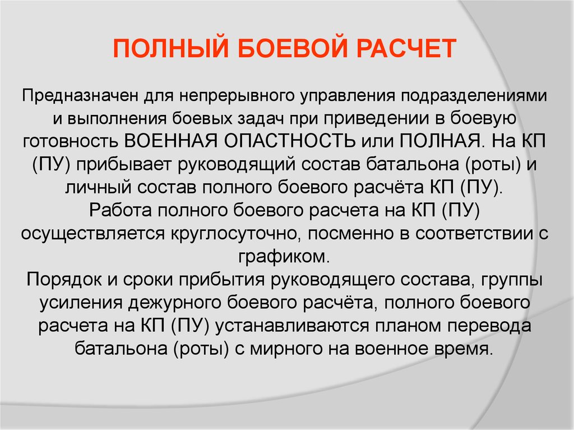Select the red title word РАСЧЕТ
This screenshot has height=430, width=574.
click(x=406, y=48)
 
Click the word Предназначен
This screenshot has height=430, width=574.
click(x=80, y=96)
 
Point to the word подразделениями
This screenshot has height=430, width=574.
click(x=474, y=96)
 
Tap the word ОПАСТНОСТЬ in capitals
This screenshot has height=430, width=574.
click(x=290, y=141)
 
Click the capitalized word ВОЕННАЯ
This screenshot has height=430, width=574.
click(x=171, y=141)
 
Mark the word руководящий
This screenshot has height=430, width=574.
click(x=237, y=165)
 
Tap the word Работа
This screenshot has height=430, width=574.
click(x=121, y=210)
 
